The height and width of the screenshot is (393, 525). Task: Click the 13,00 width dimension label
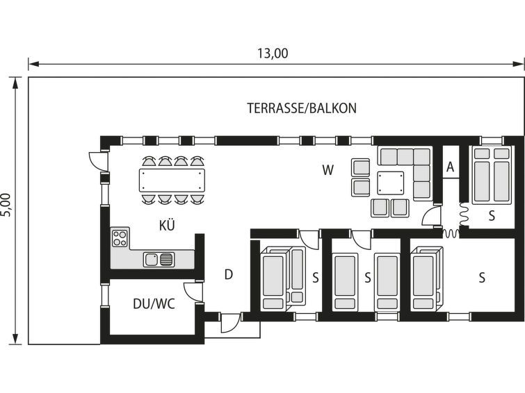click(x=273, y=53)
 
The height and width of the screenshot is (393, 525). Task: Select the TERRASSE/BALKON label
click(x=302, y=108)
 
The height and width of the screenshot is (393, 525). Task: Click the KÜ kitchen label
click(x=167, y=225)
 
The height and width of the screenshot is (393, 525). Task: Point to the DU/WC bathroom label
click(x=154, y=304)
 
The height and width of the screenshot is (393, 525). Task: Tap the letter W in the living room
click(x=328, y=170)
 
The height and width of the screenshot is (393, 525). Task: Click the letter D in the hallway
click(x=228, y=274)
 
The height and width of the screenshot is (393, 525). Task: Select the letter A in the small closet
click(x=451, y=167)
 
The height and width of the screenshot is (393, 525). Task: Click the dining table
click(x=172, y=181)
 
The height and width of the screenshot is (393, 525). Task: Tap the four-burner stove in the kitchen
click(x=120, y=237)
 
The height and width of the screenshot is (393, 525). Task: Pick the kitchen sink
click(x=159, y=260)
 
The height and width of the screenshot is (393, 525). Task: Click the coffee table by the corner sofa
click(x=390, y=183)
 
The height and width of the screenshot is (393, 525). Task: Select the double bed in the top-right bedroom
click(x=492, y=175)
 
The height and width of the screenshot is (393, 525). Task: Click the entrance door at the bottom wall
click(x=230, y=323)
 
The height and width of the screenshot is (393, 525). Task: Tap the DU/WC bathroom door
click(x=193, y=292)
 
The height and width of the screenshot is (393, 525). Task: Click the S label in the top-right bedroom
click(x=492, y=216)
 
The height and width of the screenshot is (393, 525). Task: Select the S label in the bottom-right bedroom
click(x=482, y=277)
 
